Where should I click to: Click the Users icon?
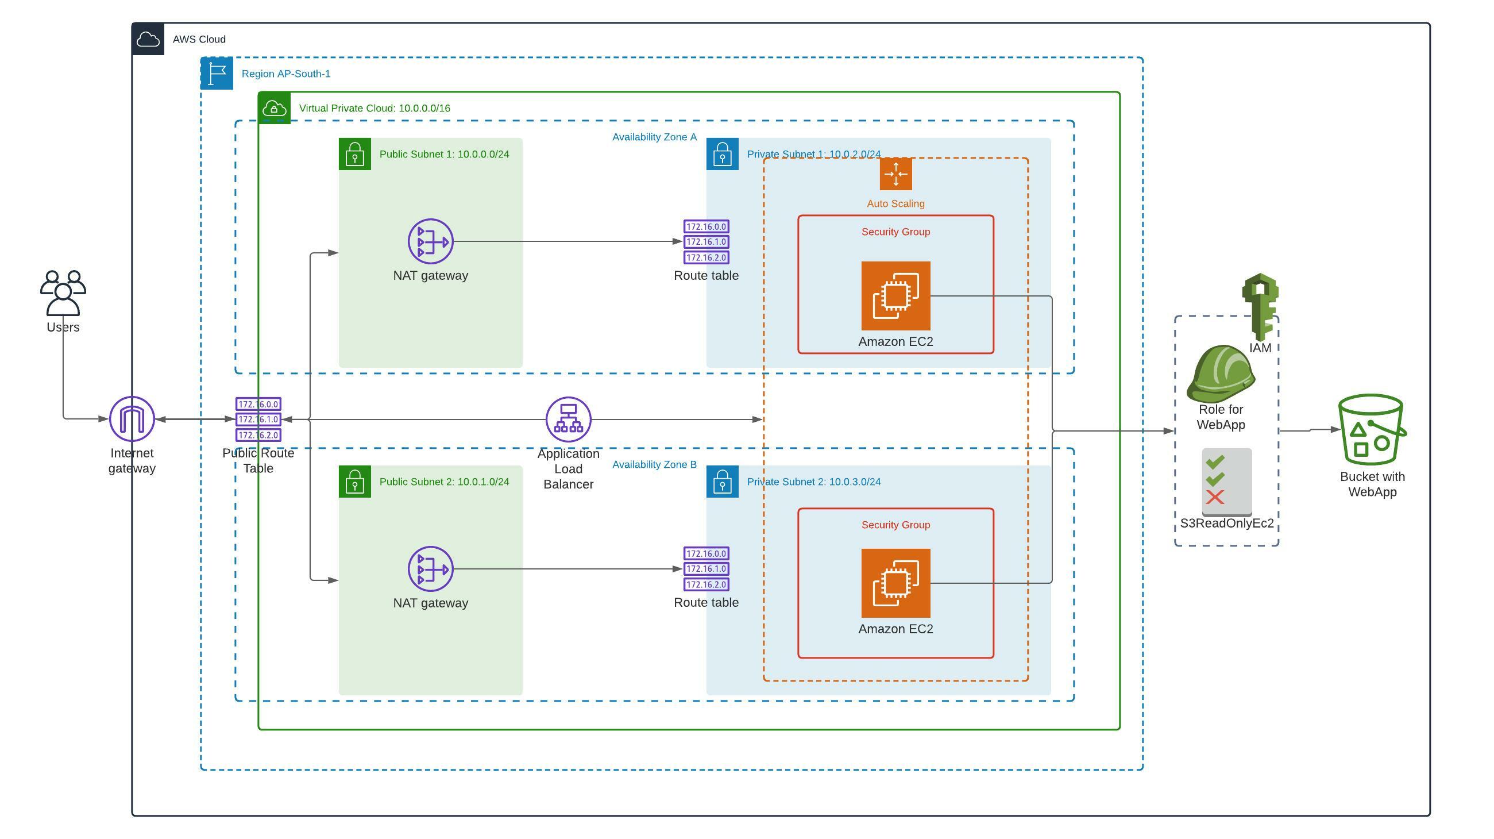(63, 293)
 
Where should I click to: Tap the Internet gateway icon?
(132, 418)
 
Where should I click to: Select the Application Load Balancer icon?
(568, 419)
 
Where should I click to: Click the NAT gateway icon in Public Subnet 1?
(430, 241)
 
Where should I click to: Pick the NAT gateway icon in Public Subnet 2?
(430, 568)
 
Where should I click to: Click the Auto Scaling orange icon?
(895, 174)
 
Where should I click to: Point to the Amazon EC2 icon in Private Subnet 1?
(895, 295)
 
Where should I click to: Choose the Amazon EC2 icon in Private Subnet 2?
(895, 583)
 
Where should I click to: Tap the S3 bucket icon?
(1372, 429)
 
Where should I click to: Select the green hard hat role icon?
(1220, 374)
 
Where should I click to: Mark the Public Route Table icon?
(258, 419)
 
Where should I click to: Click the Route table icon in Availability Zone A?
(706, 241)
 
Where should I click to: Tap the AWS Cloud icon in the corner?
(148, 40)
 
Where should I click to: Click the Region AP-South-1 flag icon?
(217, 73)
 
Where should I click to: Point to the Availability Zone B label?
(654, 464)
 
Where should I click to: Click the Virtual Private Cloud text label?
(374, 108)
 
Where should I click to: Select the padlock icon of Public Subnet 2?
(354, 482)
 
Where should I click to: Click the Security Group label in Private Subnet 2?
(895, 525)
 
